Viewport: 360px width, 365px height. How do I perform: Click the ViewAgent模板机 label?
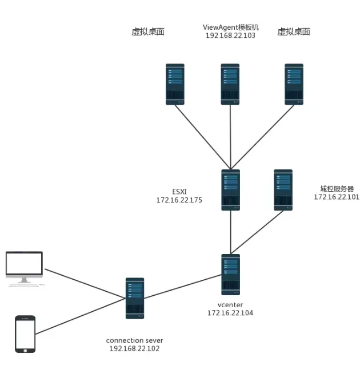[230, 27]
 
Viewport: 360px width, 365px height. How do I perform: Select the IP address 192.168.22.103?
[230, 35]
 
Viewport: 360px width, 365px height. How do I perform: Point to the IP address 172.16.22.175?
[179, 201]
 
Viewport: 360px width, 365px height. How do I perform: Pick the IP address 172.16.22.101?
[337, 197]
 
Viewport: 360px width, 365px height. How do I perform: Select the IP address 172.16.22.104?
[230, 313]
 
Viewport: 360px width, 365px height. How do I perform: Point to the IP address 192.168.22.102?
[135, 348]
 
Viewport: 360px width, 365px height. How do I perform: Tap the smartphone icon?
[25, 335]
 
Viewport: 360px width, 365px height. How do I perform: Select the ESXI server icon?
[230, 190]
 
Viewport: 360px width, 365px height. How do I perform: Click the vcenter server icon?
[230, 275]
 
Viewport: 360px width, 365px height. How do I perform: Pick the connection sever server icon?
[135, 298]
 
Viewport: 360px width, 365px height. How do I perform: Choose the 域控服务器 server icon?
[283, 189]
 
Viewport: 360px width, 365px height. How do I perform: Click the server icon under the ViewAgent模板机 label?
[230, 84]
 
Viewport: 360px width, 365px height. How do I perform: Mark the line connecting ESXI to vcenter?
[230, 232]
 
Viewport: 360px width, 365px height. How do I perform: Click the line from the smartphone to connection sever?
[80, 316]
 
